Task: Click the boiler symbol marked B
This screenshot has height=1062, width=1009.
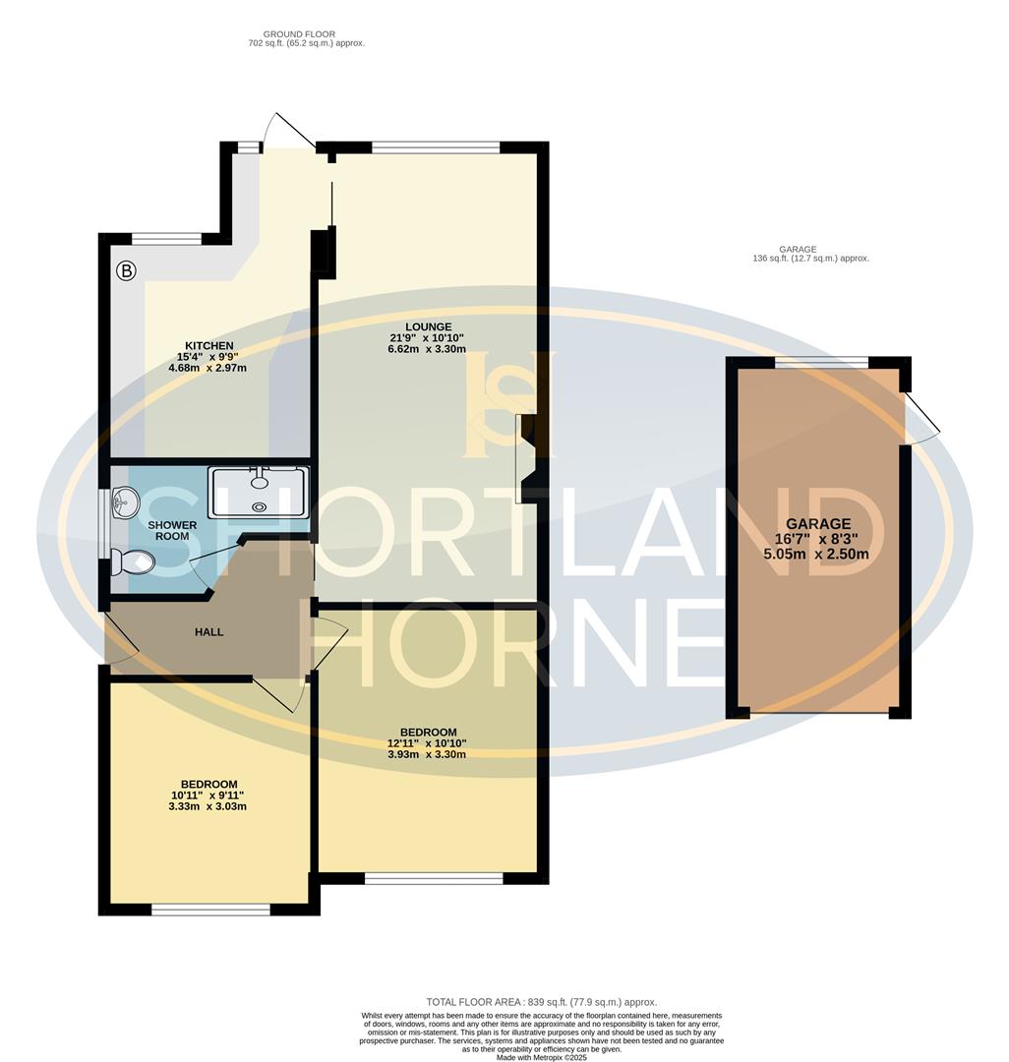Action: pyautogui.click(x=126, y=270)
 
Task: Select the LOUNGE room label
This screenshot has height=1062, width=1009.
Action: pyautogui.click(x=427, y=326)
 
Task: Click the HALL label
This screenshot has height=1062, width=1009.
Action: pyautogui.click(x=208, y=631)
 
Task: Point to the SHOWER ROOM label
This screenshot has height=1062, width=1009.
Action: pyautogui.click(x=172, y=531)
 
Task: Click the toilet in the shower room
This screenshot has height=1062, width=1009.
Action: pyautogui.click(x=133, y=562)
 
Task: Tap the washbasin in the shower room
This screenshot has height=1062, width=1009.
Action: pyautogui.click(x=122, y=505)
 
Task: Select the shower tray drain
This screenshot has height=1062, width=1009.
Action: pyautogui.click(x=260, y=507)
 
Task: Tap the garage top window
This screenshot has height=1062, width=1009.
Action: pyautogui.click(x=821, y=362)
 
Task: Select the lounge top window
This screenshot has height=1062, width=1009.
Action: pyautogui.click(x=436, y=147)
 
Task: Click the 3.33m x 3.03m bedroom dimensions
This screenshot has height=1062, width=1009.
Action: pyautogui.click(x=208, y=806)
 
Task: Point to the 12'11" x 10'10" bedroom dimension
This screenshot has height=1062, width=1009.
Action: pyautogui.click(x=427, y=743)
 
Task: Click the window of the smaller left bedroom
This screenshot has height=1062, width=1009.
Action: pyautogui.click(x=210, y=910)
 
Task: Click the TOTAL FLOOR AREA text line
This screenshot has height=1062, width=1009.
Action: pyautogui.click(x=541, y=1002)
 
